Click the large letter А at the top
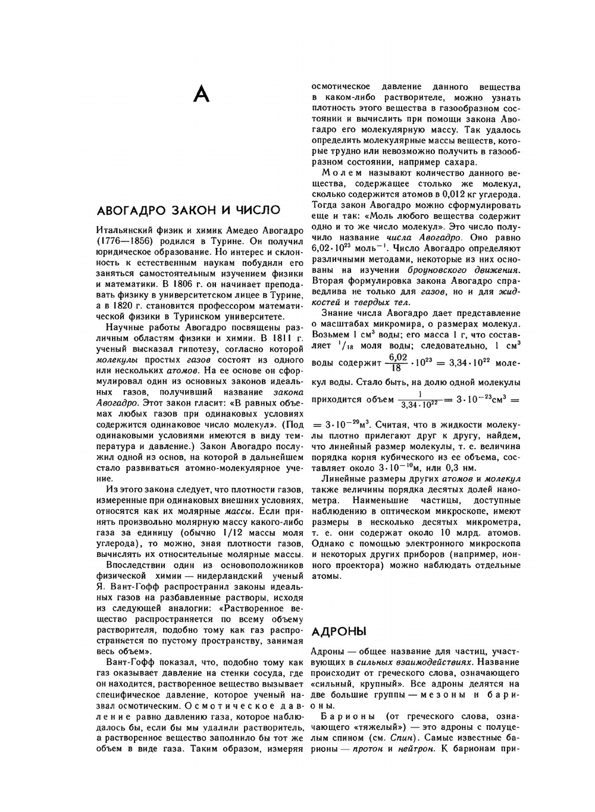point(202,94)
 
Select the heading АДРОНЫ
point(339,631)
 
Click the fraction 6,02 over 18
point(397,362)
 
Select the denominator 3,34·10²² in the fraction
point(420,405)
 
